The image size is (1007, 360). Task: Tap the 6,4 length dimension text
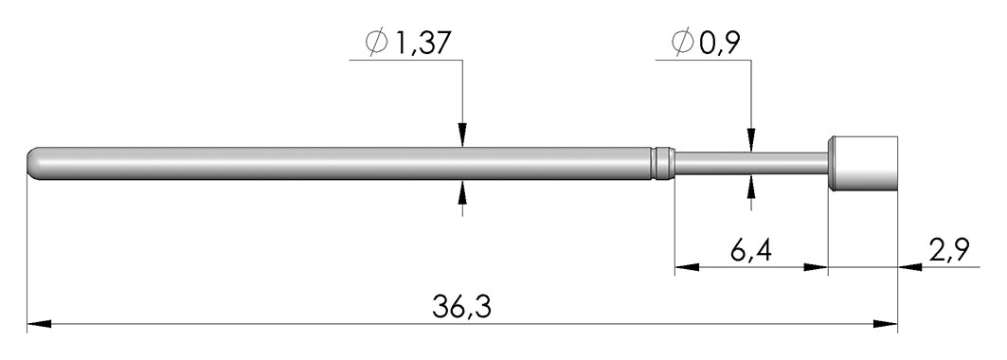[751, 251]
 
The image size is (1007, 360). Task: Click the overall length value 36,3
[461, 307]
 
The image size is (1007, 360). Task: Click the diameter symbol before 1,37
[376, 43]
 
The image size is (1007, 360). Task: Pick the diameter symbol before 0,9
[683, 43]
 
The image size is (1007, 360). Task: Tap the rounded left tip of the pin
[32, 164]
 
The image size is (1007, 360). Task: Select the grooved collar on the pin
[662, 163]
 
